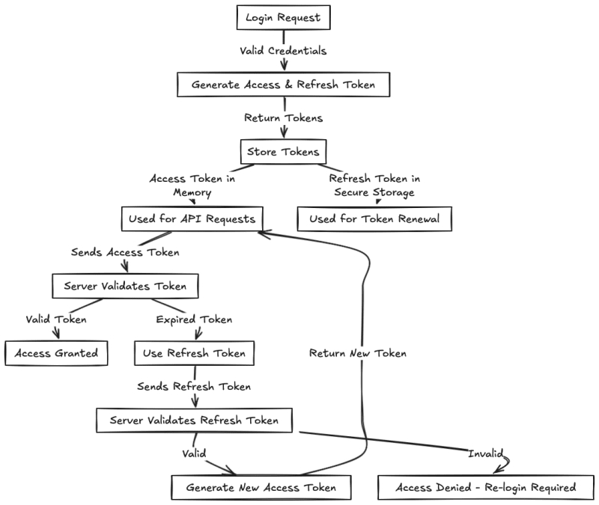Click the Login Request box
point(283,17)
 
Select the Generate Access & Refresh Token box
point(283,85)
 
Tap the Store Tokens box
point(283,152)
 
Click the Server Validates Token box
point(124,286)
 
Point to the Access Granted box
point(57,352)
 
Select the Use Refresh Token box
point(194,352)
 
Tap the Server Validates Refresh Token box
point(194,420)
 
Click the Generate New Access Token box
point(261,487)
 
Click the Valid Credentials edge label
point(283,51)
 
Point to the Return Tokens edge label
point(283,118)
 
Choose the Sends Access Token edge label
point(125,252)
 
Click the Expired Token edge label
point(194,319)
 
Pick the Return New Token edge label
point(358,353)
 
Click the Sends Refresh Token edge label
point(194,386)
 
